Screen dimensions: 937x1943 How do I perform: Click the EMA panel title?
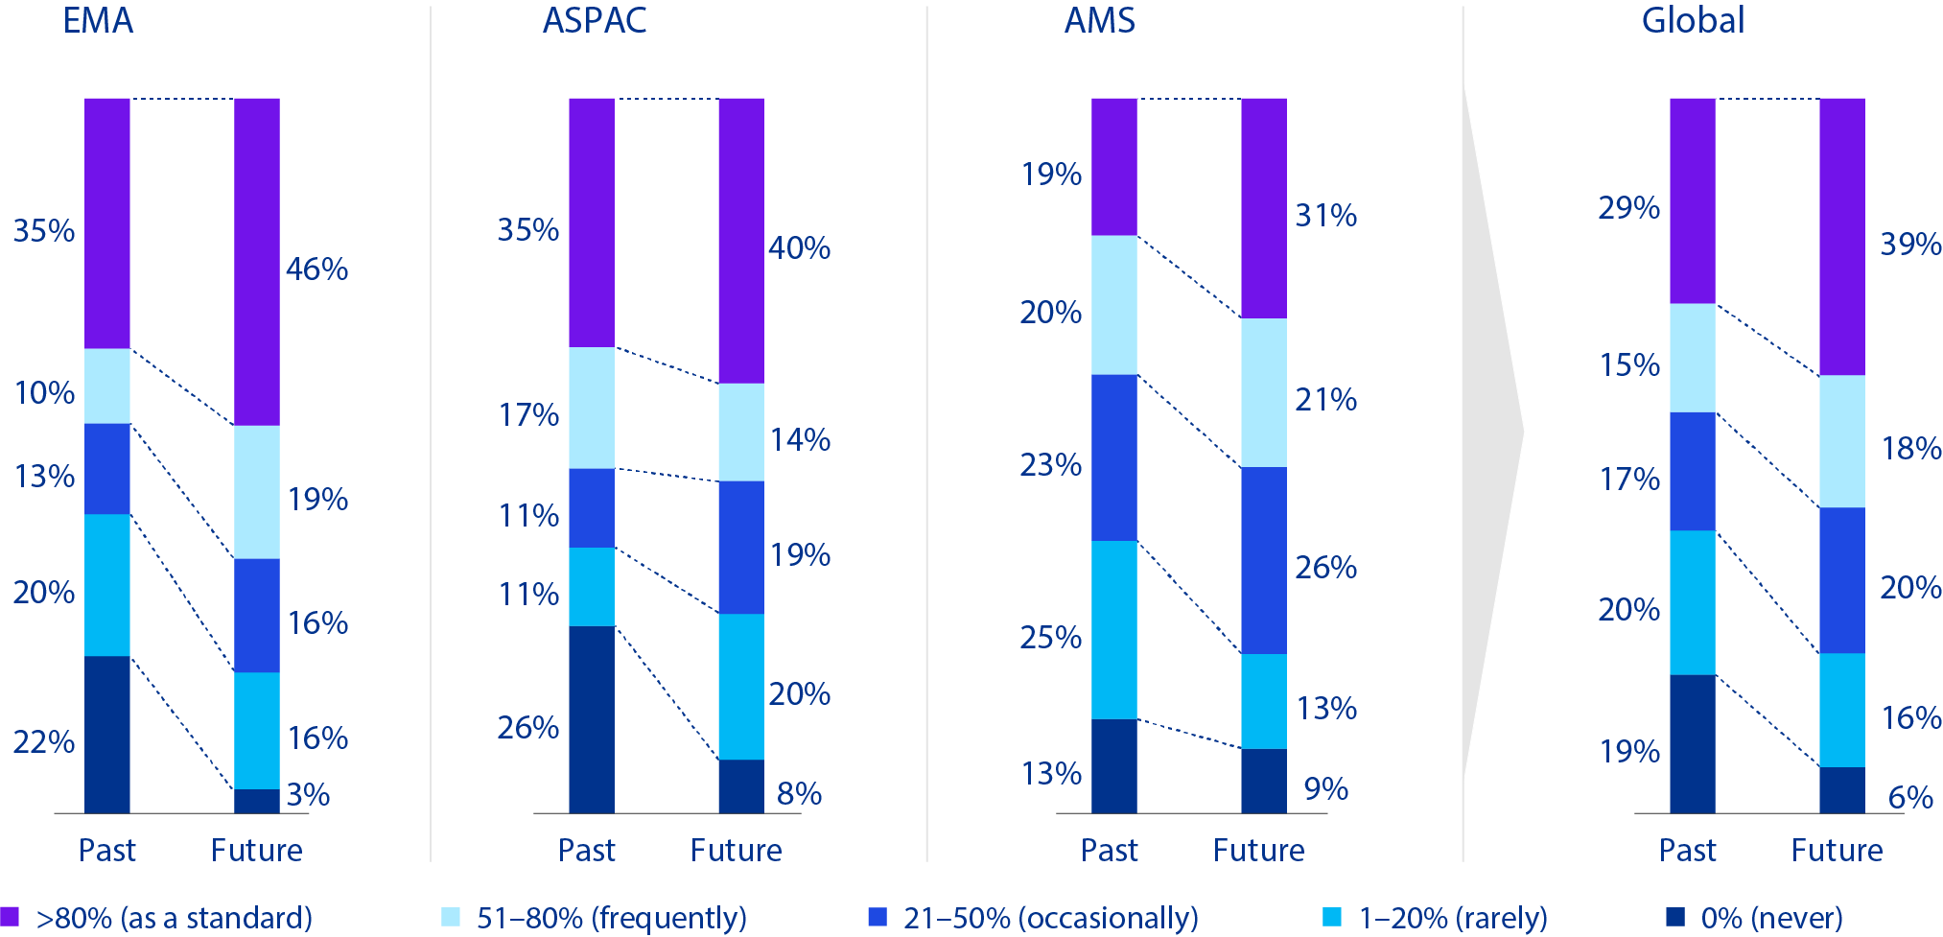(98, 21)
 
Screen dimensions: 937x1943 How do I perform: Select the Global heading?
(1693, 21)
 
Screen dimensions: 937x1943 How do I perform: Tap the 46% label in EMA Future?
(316, 269)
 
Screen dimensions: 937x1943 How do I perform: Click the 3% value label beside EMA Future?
(308, 795)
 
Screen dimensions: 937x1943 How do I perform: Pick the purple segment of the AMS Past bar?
(1113, 166)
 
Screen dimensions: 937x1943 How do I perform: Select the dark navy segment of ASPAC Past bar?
(591, 719)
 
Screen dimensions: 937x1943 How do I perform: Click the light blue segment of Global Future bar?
(1841, 441)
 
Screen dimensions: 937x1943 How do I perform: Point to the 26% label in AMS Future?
(1325, 568)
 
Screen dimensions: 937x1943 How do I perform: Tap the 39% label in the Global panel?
(1910, 245)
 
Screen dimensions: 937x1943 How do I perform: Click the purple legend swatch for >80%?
(10, 917)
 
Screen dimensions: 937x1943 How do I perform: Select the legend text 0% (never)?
(1771, 918)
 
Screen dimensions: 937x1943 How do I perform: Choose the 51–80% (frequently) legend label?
(611, 918)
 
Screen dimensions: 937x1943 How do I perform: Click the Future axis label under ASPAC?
(736, 851)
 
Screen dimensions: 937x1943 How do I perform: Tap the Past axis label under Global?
(1687, 851)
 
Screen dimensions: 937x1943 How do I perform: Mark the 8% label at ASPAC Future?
(799, 794)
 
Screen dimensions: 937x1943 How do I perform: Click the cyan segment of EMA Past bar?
(107, 585)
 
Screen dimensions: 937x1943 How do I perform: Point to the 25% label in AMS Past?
(1050, 638)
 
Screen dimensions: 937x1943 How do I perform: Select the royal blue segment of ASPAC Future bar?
(741, 547)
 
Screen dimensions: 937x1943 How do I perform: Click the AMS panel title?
(1099, 21)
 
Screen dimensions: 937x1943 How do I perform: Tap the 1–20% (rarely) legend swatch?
(1332, 917)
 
